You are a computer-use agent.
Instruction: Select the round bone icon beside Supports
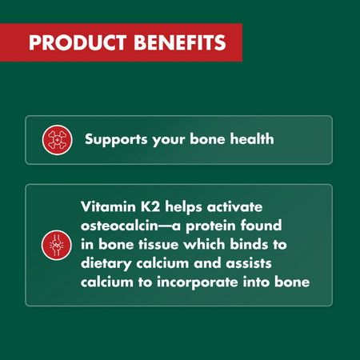pos(54,140)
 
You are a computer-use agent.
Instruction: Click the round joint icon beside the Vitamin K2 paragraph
pos(54,244)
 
